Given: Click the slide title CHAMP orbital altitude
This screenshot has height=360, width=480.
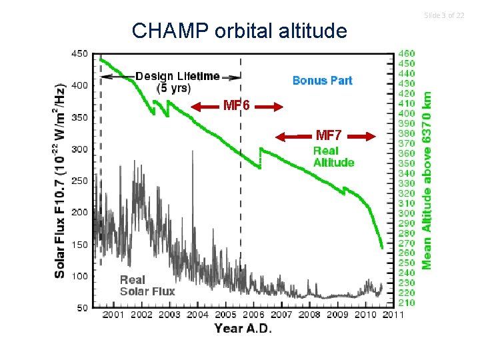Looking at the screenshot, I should pyautogui.click(x=239, y=31).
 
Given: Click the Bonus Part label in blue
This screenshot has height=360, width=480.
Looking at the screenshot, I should pyautogui.click(x=323, y=81).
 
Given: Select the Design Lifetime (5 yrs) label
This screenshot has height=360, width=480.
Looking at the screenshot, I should pyautogui.click(x=177, y=81).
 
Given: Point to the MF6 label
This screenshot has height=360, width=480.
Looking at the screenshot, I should pyautogui.click(x=237, y=106).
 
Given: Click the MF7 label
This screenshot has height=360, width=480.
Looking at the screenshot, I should pyautogui.click(x=329, y=136).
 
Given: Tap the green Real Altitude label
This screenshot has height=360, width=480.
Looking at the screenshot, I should pyautogui.click(x=333, y=157).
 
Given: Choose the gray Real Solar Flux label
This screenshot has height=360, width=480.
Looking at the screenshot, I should pyautogui.click(x=147, y=285).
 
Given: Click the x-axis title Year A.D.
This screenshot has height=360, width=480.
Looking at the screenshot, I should pyautogui.click(x=243, y=329).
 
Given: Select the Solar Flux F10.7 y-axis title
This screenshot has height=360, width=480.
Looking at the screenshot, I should pyautogui.click(x=60, y=180).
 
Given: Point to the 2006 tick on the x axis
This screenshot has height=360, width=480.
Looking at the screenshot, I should pyautogui.click(x=253, y=314).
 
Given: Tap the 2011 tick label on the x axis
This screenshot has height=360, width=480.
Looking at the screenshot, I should pyautogui.click(x=393, y=314).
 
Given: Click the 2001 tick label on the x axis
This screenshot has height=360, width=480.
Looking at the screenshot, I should pyautogui.click(x=113, y=314).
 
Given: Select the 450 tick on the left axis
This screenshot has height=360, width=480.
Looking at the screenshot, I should pyautogui.click(x=79, y=54).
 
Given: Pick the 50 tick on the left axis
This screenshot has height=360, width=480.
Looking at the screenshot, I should pyautogui.click(x=81, y=307).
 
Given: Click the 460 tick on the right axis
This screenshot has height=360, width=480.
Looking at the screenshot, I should pyautogui.click(x=406, y=53).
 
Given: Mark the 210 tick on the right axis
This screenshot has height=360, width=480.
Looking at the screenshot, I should pyautogui.click(x=406, y=303).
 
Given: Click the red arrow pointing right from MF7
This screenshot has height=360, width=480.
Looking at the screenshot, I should pyautogui.click(x=363, y=137).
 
